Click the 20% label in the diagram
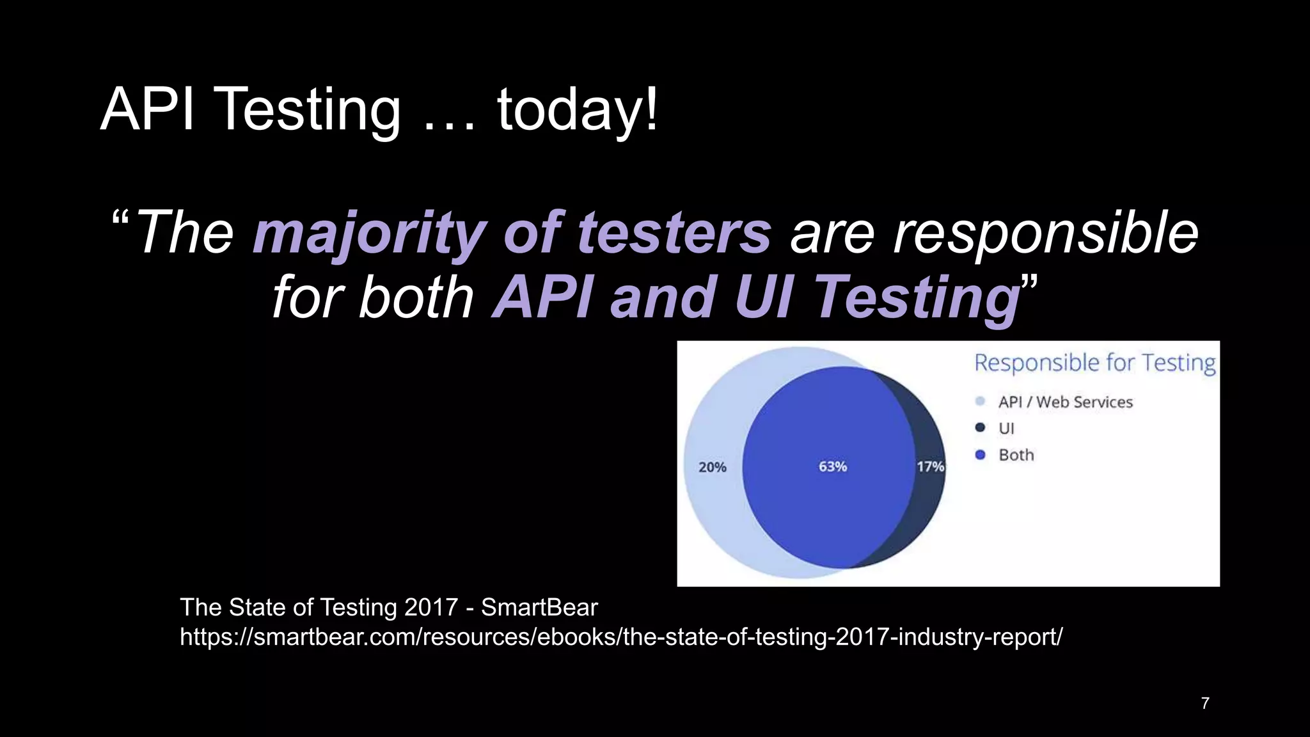(x=712, y=468)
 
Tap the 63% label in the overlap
(x=833, y=467)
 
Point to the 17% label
(x=930, y=467)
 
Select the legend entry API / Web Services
(x=1065, y=402)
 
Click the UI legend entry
(x=1006, y=429)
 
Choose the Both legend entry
(x=1016, y=455)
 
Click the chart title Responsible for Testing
(x=1094, y=363)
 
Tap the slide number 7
(x=1205, y=704)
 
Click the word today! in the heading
(x=578, y=110)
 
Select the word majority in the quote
(x=369, y=233)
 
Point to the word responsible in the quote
(x=1045, y=233)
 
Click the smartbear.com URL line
(x=620, y=637)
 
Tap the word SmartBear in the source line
(x=539, y=607)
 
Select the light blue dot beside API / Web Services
(x=980, y=402)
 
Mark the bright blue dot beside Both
(x=980, y=455)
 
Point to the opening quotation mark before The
(x=120, y=221)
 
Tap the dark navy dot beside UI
(x=980, y=428)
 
